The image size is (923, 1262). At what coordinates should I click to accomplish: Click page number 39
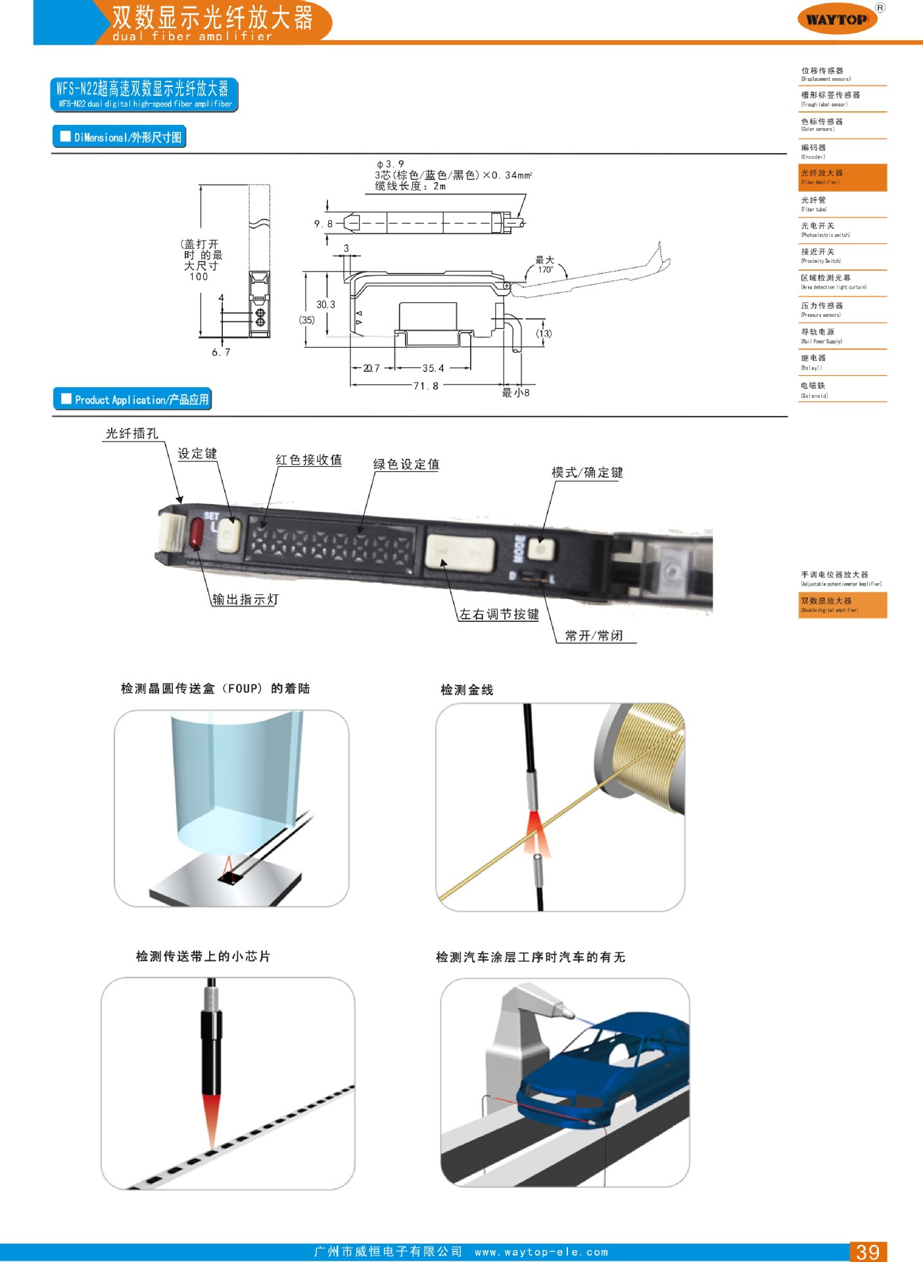coord(868,1251)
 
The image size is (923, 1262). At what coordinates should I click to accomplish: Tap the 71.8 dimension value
coord(426,386)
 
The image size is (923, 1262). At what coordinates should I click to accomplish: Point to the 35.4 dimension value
coord(433,368)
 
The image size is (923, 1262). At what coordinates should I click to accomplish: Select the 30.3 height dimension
coord(325,304)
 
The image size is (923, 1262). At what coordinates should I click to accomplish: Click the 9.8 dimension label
coord(323,223)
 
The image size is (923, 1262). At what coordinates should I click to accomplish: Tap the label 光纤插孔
coord(132,434)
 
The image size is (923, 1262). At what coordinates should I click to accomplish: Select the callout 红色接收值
coord(308,460)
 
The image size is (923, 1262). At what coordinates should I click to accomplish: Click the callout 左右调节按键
coord(499,614)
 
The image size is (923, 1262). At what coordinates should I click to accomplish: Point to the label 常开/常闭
coord(594,636)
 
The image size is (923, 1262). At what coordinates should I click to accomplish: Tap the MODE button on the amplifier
coord(541,548)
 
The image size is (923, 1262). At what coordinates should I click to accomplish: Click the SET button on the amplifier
coord(227,535)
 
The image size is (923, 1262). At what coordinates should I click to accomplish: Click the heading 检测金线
coord(467,689)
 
